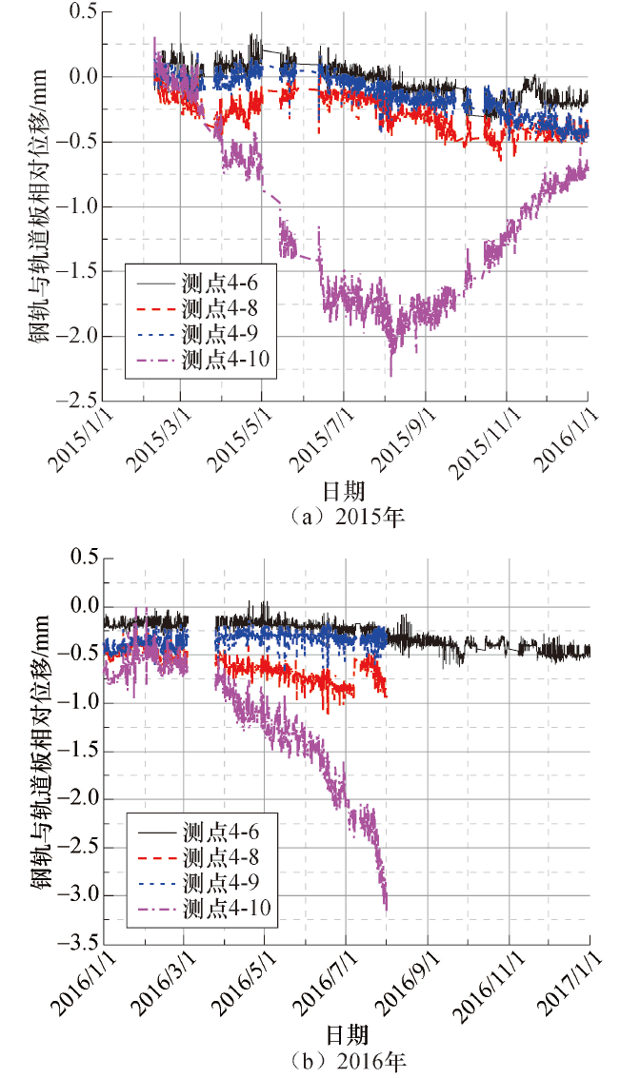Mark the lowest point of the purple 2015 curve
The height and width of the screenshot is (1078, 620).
pyautogui.click(x=390, y=375)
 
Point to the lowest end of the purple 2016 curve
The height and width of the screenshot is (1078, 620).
pyautogui.click(x=386, y=910)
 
